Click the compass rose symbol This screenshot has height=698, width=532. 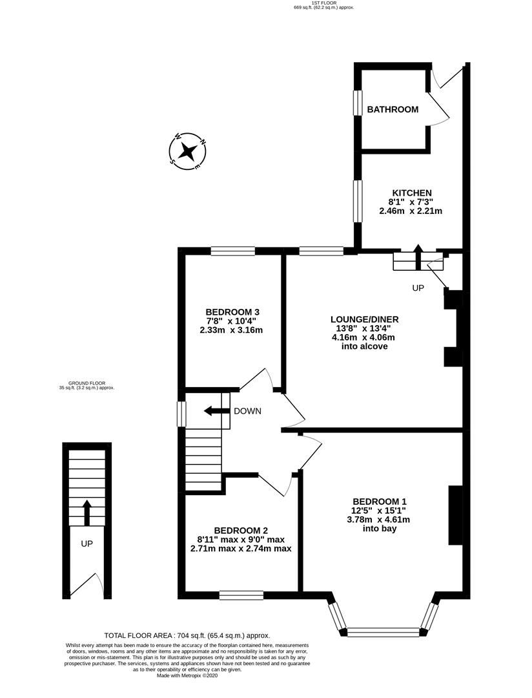pyautogui.click(x=188, y=152)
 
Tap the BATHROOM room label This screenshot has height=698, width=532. pyautogui.click(x=393, y=110)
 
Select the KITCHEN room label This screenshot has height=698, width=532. pyautogui.click(x=411, y=193)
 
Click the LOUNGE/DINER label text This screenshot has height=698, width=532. pyautogui.click(x=364, y=319)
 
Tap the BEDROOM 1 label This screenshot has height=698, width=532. pyautogui.click(x=380, y=502)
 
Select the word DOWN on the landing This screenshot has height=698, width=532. pyautogui.click(x=247, y=411)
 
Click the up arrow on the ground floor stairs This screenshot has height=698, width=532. pyautogui.click(x=87, y=510)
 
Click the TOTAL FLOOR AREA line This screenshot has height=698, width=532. pyautogui.click(x=187, y=636)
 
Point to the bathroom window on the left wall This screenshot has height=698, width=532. pyautogui.click(x=356, y=103)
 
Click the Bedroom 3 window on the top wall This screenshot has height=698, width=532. pyautogui.click(x=232, y=251)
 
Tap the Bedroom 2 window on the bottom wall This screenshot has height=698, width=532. pyautogui.click(x=241, y=595)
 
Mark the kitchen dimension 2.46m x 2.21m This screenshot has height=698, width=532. pyautogui.click(x=411, y=211)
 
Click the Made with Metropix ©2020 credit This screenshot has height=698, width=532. pyautogui.click(x=187, y=676)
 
